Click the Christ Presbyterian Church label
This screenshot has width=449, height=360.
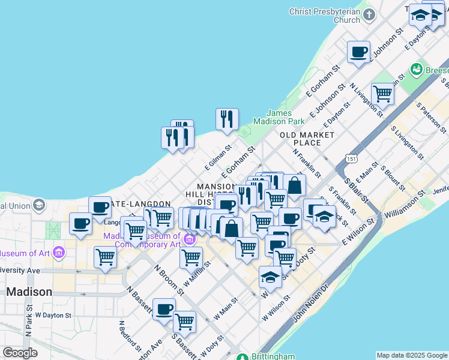tap(325, 16)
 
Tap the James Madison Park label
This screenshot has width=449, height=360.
tap(278, 117)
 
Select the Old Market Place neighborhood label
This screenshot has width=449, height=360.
tap(307, 139)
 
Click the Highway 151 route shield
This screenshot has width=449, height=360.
tap(352, 158)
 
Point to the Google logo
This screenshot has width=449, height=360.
tap(20, 353)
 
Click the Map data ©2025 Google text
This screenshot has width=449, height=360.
tap(412, 355)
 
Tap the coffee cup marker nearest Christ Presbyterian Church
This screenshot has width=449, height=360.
tap(358, 52)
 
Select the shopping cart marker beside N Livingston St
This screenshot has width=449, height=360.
tap(382, 94)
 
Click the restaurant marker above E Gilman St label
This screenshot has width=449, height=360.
tap(227, 119)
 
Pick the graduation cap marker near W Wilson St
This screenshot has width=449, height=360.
tap(270, 278)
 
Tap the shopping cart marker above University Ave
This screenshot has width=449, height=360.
tap(106, 257)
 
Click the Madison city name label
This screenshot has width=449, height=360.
tap(29, 292)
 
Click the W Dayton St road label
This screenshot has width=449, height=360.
tap(53, 314)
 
